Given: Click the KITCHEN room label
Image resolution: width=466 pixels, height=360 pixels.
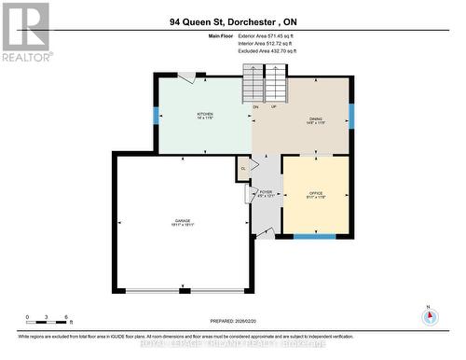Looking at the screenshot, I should [205, 116].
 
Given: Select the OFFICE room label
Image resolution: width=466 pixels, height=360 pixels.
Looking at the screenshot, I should [315, 193].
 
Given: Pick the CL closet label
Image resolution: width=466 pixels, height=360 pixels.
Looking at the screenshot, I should [243, 168].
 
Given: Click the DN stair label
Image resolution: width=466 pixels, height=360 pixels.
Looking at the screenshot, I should [255, 106].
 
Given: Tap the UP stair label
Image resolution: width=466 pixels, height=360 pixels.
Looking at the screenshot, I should [272, 106].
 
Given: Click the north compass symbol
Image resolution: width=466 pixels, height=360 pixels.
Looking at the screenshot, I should [430, 316].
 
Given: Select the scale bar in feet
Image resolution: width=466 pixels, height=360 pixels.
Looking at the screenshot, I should [48, 322].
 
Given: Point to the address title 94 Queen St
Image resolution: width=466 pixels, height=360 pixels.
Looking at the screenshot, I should [233, 21].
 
